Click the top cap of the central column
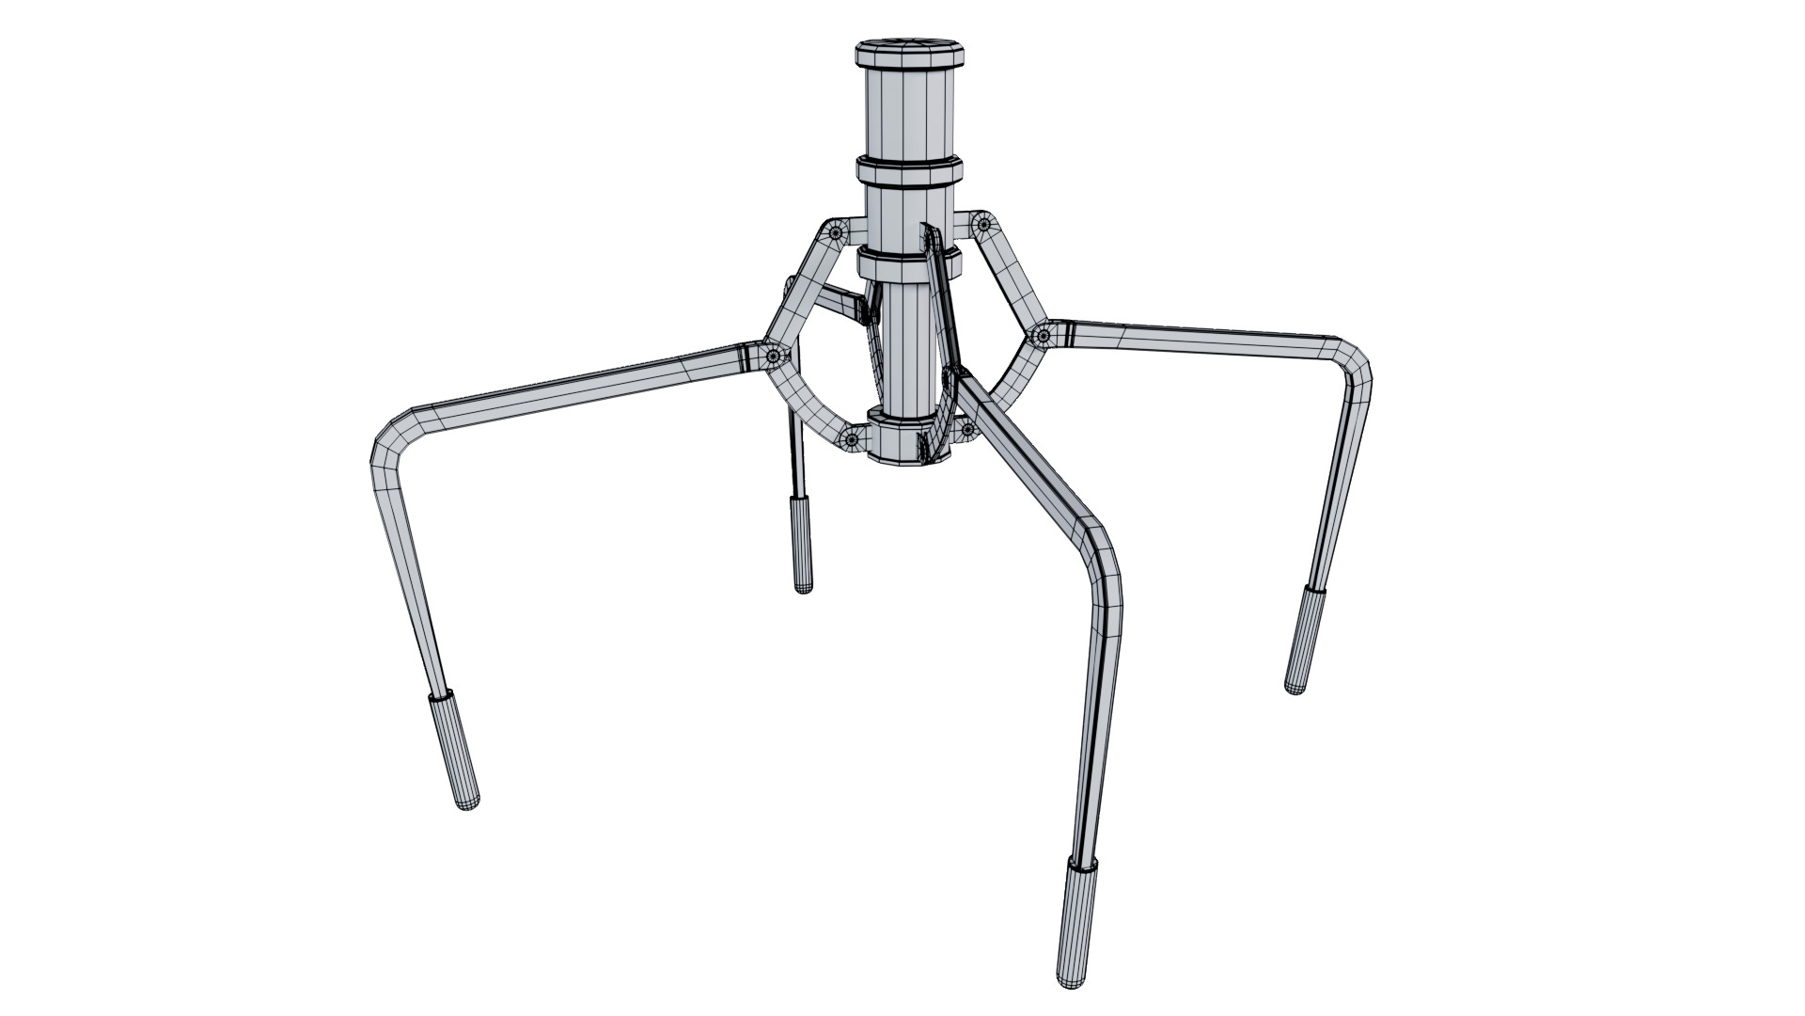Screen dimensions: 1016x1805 point(909,53)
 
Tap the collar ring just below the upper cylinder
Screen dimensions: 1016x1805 point(909,174)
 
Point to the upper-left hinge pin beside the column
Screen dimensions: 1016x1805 point(836,231)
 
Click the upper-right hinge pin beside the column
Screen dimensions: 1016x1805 point(983,224)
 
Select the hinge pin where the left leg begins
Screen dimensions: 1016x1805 point(774,356)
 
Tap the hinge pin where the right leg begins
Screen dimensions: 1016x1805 point(1043,335)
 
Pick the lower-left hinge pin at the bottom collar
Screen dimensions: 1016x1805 point(852,438)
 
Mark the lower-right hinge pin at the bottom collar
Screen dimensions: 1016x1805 point(966,431)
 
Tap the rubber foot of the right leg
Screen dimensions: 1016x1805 point(1304,640)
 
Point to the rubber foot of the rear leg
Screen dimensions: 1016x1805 point(801,545)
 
